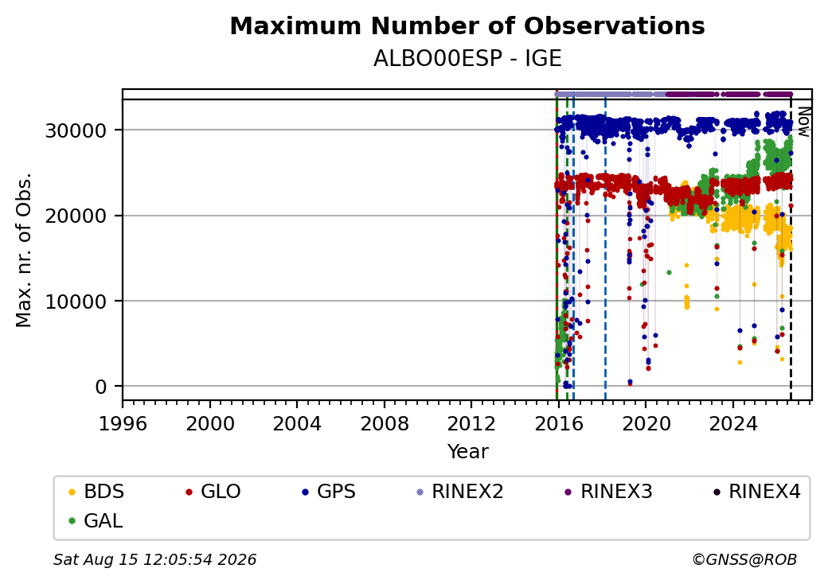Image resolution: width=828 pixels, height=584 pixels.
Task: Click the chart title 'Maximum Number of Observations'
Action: (467, 25)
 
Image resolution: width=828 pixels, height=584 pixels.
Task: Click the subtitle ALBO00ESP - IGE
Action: (467, 58)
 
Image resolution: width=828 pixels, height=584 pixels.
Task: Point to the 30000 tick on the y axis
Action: (76, 130)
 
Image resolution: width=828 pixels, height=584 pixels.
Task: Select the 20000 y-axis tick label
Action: (76, 216)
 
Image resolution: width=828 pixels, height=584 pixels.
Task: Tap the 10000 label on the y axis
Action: (76, 302)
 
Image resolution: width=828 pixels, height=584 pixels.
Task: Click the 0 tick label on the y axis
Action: (101, 387)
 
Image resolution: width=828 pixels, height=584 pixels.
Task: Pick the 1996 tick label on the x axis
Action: (123, 423)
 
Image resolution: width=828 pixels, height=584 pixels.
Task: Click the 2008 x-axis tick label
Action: (385, 423)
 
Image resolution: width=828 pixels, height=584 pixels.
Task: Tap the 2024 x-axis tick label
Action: (733, 423)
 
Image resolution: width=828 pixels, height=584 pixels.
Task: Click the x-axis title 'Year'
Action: (468, 452)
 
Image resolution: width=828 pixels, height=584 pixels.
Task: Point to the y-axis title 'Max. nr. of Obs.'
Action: (24, 250)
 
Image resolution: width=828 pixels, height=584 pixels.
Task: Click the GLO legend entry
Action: (213, 492)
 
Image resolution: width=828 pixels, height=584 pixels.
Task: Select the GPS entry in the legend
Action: (329, 492)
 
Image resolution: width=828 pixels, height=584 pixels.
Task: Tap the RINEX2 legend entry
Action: (460, 492)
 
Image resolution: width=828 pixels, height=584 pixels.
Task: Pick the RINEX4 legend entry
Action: (757, 492)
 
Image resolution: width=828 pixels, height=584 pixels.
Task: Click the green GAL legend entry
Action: (96, 520)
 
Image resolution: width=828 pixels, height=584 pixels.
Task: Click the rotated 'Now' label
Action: (803, 122)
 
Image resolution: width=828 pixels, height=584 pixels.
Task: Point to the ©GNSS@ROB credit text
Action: (744, 559)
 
